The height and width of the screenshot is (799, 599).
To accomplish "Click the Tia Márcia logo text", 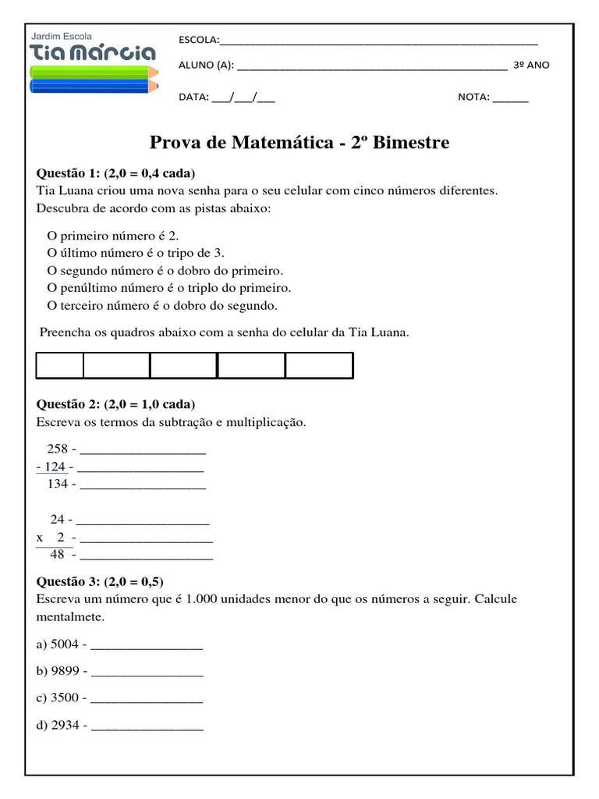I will coord(92,53).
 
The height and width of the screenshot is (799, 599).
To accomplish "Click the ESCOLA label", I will coord(199,41).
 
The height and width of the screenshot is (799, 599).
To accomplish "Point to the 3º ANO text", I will coord(531,66).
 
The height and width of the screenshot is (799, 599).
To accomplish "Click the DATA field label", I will coord(193,98).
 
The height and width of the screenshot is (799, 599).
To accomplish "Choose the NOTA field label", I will coord(473,98).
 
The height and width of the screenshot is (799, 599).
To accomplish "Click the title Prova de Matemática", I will coord(299,144).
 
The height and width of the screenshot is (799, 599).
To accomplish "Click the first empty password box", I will coord(60,365).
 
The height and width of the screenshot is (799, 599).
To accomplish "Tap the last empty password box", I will coord(319,365).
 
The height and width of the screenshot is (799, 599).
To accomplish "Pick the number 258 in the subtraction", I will coord(58,449).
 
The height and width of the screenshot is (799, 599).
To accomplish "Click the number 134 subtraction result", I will coord(58,485).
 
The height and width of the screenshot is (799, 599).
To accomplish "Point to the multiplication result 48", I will coord(58,555).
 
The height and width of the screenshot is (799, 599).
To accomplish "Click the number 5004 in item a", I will coord(65,645).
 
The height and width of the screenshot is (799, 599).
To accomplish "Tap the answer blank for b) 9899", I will coord(147,671).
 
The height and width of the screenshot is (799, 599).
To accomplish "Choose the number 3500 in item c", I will coord(65,698).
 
